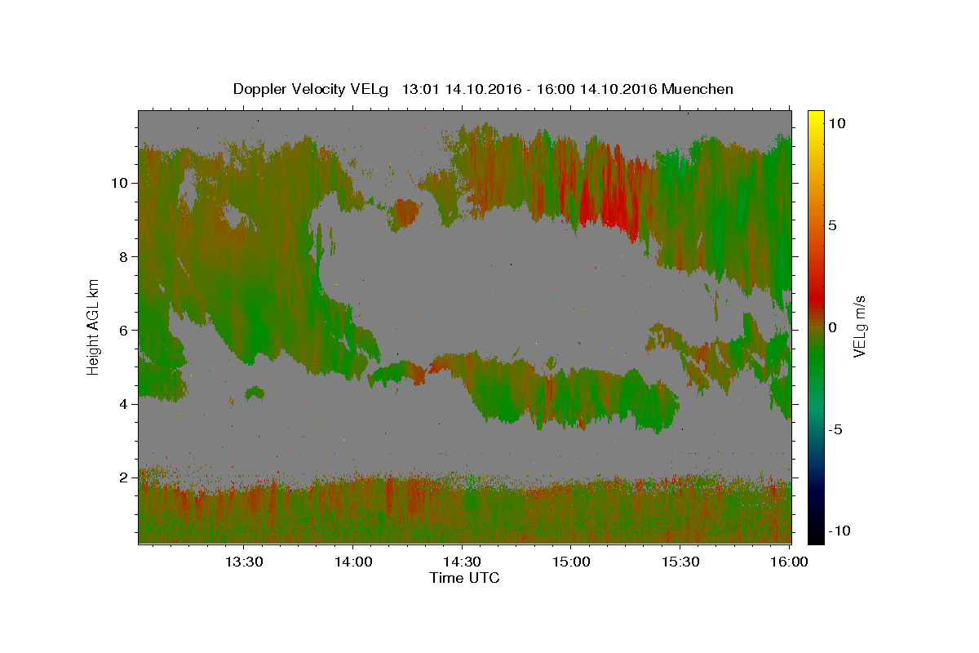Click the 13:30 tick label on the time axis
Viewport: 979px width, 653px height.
pos(244,562)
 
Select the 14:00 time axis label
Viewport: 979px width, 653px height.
pos(353,562)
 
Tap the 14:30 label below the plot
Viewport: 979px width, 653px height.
pos(462,562)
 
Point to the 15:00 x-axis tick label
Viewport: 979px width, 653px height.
pos(571,562)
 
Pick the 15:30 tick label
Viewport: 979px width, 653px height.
pos(680,562)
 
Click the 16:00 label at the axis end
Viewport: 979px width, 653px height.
pos(789,562)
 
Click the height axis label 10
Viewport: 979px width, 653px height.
pos(119,183)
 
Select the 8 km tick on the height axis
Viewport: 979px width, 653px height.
pos(124,257)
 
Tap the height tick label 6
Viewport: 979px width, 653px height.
pos(124,331)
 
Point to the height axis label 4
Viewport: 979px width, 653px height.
pos(124,404)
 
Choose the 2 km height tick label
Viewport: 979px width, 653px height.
pos(124,478)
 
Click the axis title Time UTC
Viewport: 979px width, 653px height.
pos(464,578)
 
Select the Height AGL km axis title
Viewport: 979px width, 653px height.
pos(93,327)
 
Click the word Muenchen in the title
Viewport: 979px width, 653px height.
pos(697,89)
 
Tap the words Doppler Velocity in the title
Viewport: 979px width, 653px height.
pos(290,89)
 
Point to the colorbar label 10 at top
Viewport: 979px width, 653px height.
pos(837,124)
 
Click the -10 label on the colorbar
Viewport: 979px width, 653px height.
pos(839,531)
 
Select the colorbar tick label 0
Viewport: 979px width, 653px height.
pos(833,327)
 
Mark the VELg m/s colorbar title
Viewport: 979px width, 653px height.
pos(859,326)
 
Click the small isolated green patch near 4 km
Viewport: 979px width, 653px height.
pos(255,393)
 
